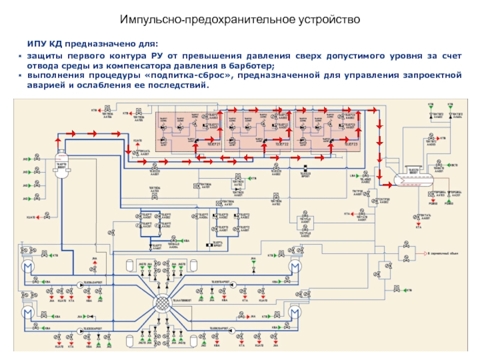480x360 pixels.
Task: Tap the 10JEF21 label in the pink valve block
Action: tap(215, 145)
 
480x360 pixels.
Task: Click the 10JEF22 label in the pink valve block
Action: tap(282, 145)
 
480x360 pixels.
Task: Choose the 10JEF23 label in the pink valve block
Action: tap(351, 145)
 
